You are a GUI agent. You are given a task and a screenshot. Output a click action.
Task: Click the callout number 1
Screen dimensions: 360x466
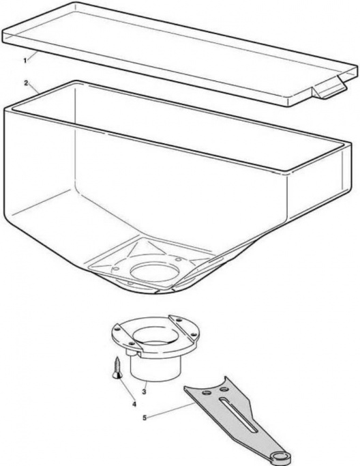click(25, 61)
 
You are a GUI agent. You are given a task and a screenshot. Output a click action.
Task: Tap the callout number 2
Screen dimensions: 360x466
click(27, 83)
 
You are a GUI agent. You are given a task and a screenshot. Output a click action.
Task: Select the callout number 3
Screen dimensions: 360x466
click(144, 392)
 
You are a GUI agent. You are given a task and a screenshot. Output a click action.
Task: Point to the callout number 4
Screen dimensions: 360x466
click(134, 404)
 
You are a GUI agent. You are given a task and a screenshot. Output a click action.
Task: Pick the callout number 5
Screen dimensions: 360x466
click(145, 418)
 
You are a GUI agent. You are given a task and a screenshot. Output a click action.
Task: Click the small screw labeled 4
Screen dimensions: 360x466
click(117, 368)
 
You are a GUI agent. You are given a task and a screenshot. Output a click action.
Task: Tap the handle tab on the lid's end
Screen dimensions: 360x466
click(329, 89)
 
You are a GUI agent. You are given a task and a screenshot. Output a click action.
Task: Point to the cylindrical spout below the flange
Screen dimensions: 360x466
click(156, 367)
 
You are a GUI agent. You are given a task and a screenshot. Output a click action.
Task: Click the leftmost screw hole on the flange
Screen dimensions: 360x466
click(117, 329)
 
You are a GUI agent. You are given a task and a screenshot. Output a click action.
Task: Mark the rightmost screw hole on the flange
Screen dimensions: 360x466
click(194, 335)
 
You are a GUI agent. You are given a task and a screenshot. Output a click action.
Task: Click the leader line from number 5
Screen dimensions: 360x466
click(171, 411)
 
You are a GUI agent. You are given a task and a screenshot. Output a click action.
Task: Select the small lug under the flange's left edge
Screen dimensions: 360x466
click(130, 352)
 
